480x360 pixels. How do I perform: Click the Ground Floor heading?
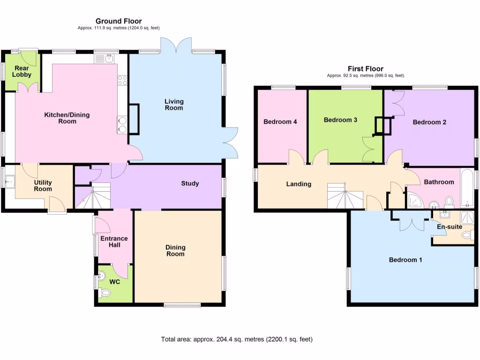(119, 21)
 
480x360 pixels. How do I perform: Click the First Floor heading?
(365, 68)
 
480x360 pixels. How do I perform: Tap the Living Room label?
(174, 105)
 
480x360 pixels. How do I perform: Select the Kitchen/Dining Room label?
(67, 118)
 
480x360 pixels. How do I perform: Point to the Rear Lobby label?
(22, 71)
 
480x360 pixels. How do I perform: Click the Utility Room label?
(43, 186)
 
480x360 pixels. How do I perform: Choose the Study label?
(190, 183)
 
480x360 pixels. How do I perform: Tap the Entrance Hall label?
(114, 242)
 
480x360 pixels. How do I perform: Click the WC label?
(115, 282)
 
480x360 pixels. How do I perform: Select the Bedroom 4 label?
(280, 122)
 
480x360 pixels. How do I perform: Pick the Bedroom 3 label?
(340, 120)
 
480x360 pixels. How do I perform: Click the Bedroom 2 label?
(429, 122)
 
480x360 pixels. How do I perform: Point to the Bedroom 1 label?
(405, 260)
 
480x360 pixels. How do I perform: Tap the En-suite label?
(449, 227)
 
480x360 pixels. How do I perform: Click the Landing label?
(299, 184)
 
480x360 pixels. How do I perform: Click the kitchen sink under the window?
(109, 58)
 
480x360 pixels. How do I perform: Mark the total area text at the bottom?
(237, 339)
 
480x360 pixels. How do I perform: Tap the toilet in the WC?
(105, 293)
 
